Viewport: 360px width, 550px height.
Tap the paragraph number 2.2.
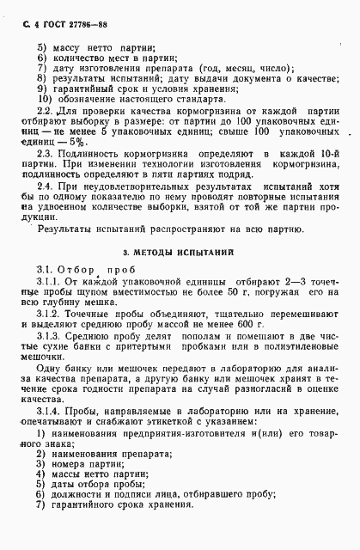tap(47, 112)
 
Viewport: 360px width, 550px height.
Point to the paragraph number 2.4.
tap(47, 186)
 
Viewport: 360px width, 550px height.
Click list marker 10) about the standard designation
tap(44, 98)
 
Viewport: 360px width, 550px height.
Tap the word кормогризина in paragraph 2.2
tap(175, 113)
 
